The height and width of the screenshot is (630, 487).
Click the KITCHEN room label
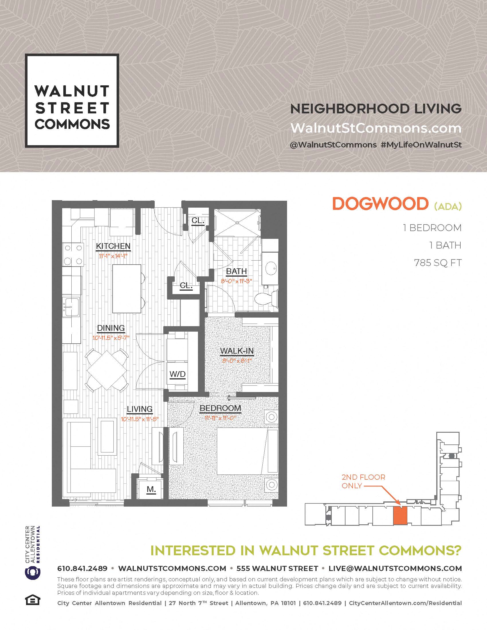[x=113, y=246]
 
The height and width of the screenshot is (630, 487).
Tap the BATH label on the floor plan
[x=236, y=271]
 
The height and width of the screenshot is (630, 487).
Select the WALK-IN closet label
[x=237, y=351]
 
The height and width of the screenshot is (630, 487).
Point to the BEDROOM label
[x=220, y=408]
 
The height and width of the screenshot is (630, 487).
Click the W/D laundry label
[x=177, y=374]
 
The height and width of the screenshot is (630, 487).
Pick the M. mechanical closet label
[x=151, y=489]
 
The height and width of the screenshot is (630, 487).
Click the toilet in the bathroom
[x=267, y=298]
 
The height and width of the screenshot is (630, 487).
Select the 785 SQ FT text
[x=438, y=263]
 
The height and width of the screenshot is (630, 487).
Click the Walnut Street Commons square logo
[x=72, y=101]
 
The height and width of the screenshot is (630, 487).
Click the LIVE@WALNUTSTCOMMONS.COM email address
[x=395, y=568]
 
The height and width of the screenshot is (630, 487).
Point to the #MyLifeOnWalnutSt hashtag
[x=421, y=145]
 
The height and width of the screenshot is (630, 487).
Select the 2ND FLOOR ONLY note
[x=364, y=481]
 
